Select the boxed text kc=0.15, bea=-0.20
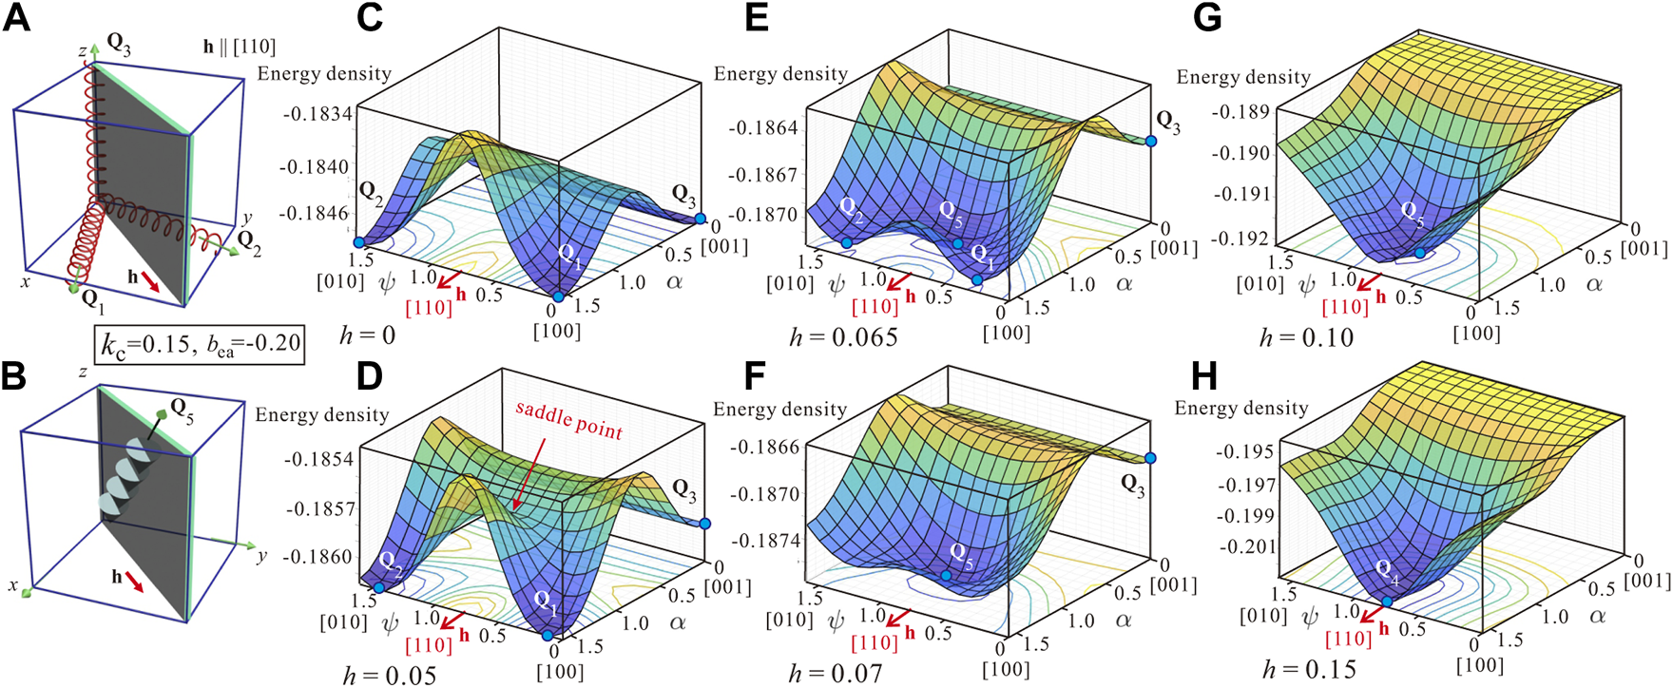[200, 344]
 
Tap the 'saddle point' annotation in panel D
[568, 420]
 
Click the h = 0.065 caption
[843, 336]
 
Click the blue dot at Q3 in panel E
[1151, 141]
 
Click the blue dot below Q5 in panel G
[1419, 253]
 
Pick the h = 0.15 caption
[1309, 669]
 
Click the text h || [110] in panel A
[239, 46]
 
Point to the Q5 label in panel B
[182, 411]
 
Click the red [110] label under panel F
[874, 643]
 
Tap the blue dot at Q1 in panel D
[548, 636]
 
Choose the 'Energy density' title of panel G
[1243, 77]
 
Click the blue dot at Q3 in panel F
[1150, 458]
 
